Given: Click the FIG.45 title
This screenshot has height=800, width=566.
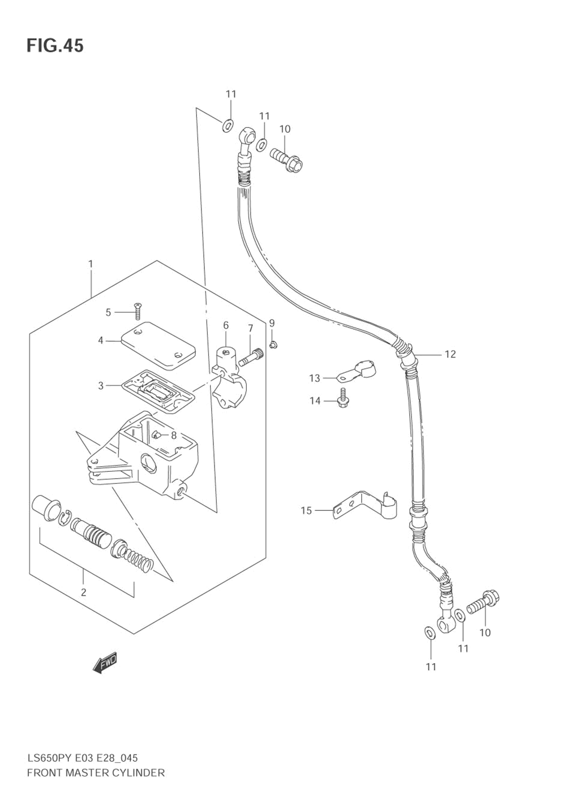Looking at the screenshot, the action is point(55,46).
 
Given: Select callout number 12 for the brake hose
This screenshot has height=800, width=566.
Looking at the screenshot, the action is point(450,354).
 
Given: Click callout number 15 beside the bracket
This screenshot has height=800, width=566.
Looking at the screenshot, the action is point(306,511).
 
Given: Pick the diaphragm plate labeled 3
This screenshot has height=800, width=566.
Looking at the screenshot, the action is point(158,392).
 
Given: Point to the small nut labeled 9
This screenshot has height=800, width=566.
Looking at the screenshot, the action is point(273,345).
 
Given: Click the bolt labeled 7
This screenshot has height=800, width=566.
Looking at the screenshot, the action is point(250,357).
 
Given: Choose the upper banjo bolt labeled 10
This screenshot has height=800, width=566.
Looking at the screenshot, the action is point(286,160).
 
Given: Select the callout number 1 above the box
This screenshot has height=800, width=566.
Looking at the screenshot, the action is point(91,264).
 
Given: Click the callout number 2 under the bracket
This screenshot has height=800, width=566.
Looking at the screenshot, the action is point(83,592).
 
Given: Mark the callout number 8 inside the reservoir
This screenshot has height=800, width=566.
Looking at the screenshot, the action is point(174,435).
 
